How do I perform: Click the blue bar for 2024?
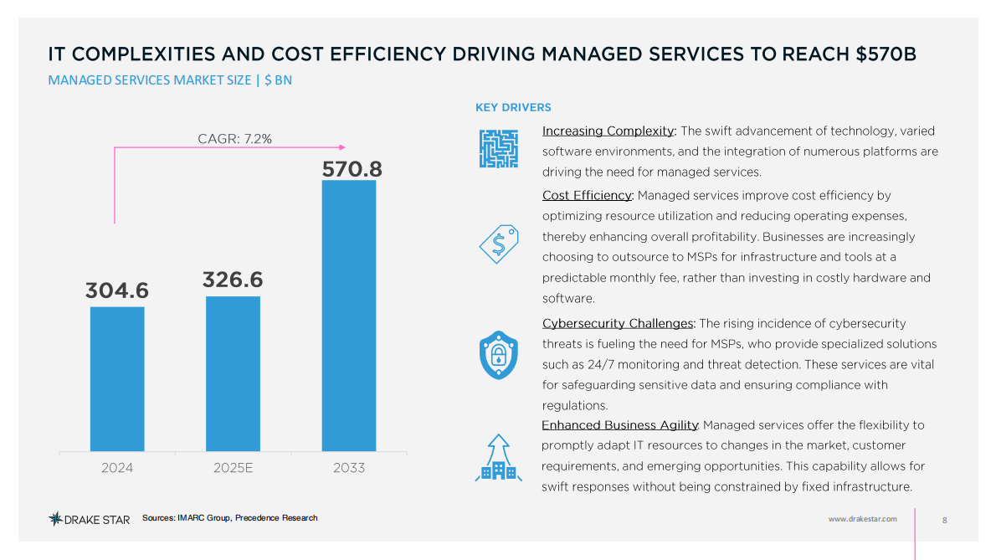117,378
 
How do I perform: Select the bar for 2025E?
233,373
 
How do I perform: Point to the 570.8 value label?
352,169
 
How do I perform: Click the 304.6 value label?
116,290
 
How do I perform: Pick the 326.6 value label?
233,280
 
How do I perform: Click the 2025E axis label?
233,468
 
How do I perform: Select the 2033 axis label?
349,468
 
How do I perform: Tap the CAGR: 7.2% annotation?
234,138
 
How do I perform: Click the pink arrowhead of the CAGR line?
341,148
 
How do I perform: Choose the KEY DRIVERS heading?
513,107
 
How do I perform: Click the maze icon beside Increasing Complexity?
498,149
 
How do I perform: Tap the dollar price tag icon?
498,243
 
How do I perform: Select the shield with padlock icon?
498,355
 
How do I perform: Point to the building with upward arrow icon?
498,459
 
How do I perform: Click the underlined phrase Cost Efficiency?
587,195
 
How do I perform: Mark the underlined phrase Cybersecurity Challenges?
618,323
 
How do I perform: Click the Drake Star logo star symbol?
55,519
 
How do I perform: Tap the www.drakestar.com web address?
862,519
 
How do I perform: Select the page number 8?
945,520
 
